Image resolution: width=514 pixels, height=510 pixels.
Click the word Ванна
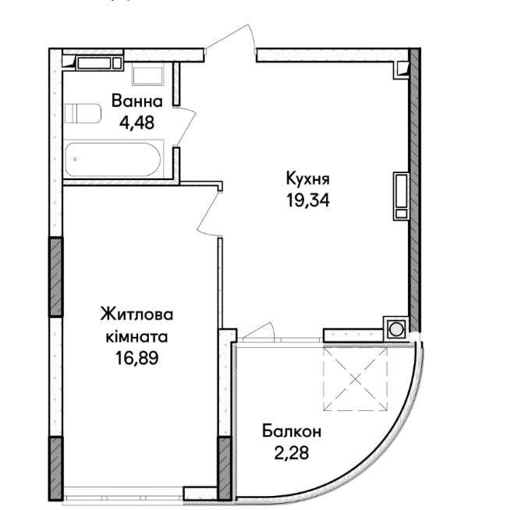tap(137, 101)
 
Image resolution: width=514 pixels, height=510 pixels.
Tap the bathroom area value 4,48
tap(136, 123)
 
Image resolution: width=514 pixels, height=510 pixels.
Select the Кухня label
tap(308, 179)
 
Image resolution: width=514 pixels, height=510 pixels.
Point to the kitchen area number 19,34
tap(308, 200)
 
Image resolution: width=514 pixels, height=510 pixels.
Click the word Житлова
tap(136, 314)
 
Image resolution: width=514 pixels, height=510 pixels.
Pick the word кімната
tap(136, 337)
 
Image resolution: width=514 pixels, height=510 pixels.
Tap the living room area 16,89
tap(136, 358)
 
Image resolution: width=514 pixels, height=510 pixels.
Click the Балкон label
tap(292, 431)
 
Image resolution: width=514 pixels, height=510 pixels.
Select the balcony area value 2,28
tap(292, 453)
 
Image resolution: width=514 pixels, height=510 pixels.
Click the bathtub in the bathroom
tap(113, 160)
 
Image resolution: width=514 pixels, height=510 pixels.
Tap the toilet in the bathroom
tap(83, 113)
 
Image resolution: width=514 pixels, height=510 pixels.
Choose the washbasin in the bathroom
tap(148, 76)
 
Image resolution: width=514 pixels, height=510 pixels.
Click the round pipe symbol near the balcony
tap(396, 329)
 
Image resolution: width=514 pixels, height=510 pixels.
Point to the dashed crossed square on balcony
tap(356, 379)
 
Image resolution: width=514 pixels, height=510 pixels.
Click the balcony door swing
tap(259, 330)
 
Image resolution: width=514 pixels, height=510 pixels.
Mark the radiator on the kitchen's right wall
tap(401, 196)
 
